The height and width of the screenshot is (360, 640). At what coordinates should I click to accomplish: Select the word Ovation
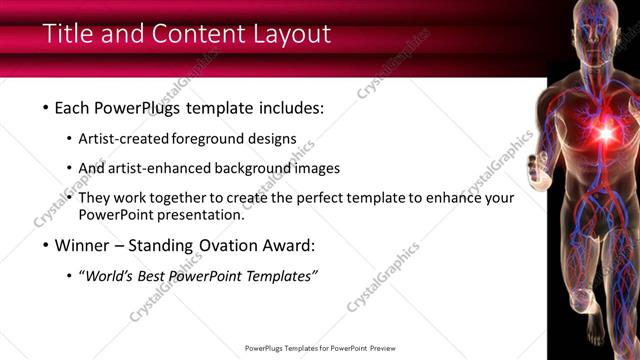coord(220,244)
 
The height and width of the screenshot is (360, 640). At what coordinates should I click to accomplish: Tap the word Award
coord(288,244)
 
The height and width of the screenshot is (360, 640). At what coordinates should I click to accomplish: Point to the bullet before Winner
coord(46,244)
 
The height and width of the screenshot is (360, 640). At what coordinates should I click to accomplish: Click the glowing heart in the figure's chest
coord(605,131)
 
